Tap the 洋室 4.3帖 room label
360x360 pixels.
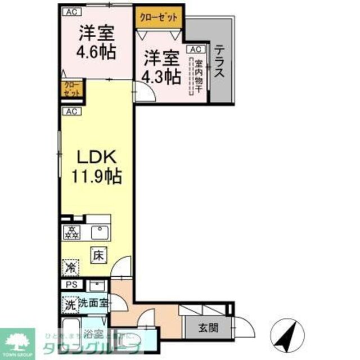pos(161,66)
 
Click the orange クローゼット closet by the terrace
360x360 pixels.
pos(159,17)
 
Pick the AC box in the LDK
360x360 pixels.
pos(70,111)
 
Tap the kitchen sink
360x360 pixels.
pos(100,231)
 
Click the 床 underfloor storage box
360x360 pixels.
pos(98,254)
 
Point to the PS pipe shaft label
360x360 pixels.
pos(71,285)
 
